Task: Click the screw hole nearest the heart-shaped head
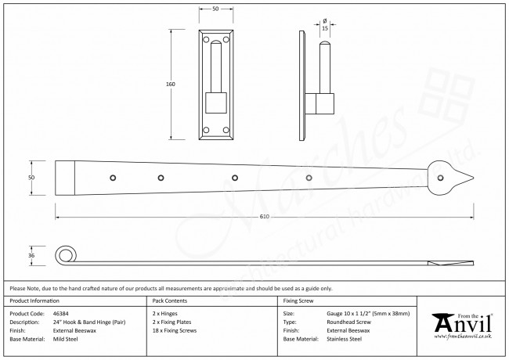coord(309,178)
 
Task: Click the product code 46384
coord(61,311)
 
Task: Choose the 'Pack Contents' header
coord(169,301)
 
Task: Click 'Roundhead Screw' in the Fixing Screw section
coord(348,321)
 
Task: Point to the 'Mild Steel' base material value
coord(66,340)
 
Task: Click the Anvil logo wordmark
coord(465,322)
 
